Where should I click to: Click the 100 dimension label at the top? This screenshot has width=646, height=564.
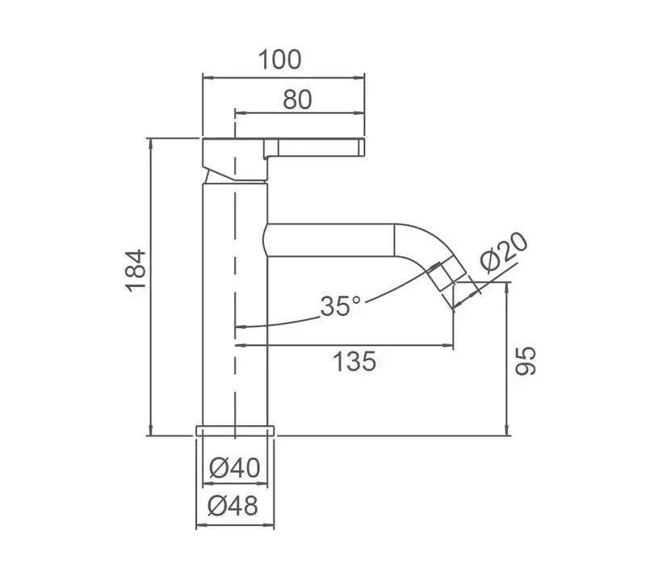279,59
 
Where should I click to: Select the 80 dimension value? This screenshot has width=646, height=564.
297,99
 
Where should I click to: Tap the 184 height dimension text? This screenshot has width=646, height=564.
136,271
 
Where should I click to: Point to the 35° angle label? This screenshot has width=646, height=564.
340,306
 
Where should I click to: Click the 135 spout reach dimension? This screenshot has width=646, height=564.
354,361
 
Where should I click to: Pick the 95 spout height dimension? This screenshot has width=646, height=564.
526,361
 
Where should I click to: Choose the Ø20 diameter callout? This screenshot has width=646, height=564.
503,253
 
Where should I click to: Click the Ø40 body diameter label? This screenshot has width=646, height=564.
234,468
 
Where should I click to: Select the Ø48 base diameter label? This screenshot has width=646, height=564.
233,506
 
